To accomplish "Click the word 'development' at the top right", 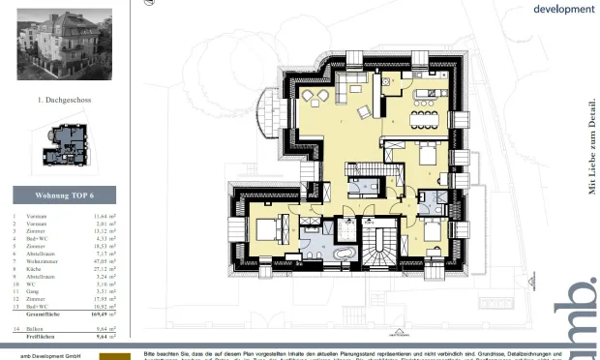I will (x=564, y=9).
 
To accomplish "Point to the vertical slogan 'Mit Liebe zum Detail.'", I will (x=592, y=146).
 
